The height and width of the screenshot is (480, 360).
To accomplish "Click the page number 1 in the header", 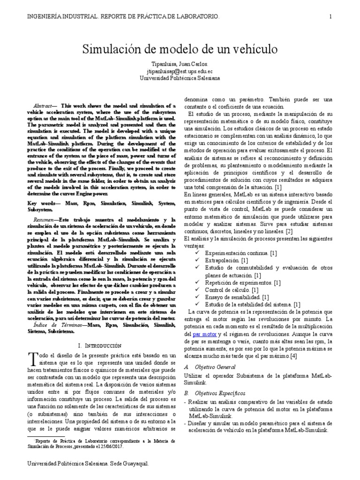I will [x=331, y=16].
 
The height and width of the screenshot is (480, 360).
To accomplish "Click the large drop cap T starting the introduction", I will [x=32, y=360].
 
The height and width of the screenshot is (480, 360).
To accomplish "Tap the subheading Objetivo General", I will [x=217, y=367].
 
